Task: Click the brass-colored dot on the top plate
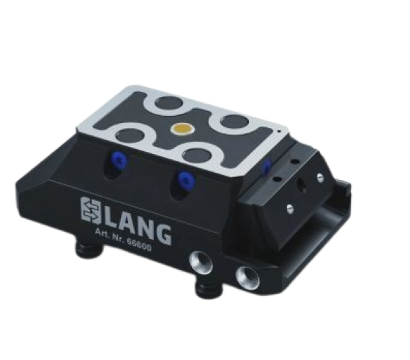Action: click(182, 128)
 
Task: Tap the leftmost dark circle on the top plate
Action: click(130, 136)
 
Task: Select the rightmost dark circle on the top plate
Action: click(234, 122)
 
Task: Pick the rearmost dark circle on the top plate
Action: click(168, 103)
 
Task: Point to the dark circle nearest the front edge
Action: click(197, 156)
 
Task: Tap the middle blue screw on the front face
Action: click(185, 179)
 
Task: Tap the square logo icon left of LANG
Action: click(91, 210)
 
